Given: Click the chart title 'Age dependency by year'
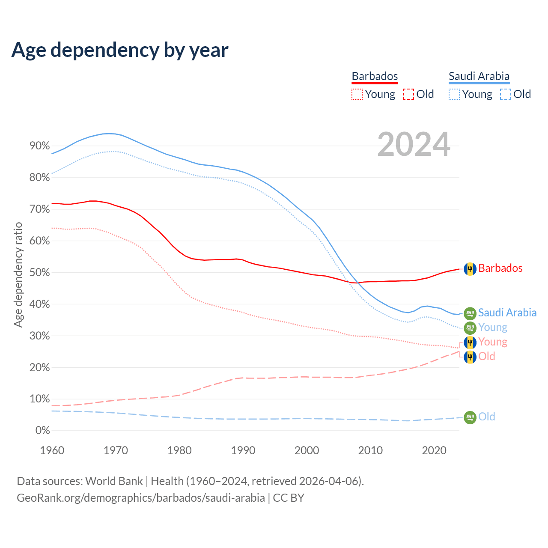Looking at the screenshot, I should point(120,50).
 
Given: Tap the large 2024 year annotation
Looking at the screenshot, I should point(414,145).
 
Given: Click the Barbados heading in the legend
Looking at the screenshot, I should point(375,76).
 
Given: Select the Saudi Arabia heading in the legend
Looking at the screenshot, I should point(479,76).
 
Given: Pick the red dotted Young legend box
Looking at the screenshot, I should point(357,94).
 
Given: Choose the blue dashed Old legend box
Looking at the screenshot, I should point(506,94).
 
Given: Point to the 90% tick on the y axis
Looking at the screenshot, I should point(40,146).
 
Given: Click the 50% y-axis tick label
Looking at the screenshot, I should point(40,273).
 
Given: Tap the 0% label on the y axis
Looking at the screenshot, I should point(43,431).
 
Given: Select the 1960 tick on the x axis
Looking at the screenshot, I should point(52,450).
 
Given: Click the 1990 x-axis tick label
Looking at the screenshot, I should point(243,450).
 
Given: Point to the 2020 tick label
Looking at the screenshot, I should point(434,450).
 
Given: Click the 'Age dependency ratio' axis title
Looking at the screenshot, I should point(18,274).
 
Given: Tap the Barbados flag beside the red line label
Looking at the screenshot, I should point(470,269).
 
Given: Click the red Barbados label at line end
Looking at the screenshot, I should point(500,268).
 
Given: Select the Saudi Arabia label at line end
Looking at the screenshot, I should point(507,313).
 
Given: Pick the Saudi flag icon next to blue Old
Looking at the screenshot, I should point(470,417).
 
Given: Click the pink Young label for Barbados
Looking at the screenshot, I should point(492,342).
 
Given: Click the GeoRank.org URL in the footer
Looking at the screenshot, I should point(141,498).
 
